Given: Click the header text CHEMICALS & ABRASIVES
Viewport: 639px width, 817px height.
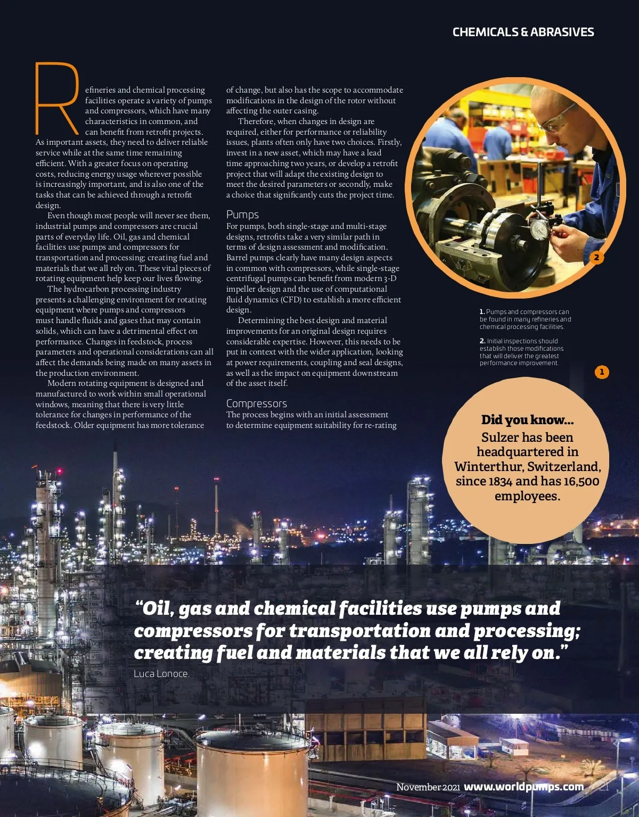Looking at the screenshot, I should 523,32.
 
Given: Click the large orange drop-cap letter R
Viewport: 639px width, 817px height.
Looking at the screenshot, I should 56,98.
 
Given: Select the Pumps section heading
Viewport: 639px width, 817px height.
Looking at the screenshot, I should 242,214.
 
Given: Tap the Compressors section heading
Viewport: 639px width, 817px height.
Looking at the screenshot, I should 256,403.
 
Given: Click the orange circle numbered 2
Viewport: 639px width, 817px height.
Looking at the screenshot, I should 596,257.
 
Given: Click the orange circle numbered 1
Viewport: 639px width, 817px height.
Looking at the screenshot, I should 602,372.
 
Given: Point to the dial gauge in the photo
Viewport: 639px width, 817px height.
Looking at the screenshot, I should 539,230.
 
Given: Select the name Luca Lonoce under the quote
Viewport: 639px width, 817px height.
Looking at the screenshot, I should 161,674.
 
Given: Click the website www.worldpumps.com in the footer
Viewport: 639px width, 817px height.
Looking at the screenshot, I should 523,787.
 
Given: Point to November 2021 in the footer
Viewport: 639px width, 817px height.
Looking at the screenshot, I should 428,787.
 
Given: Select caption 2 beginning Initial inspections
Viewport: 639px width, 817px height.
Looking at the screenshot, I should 521,352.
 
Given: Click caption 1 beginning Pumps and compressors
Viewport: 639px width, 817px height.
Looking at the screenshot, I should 525,319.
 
